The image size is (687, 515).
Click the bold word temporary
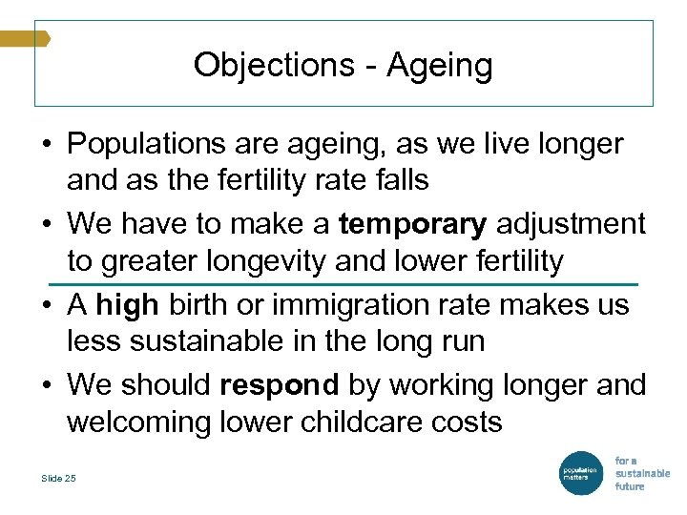(x=412, y=224)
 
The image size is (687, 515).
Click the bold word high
(x=128, y=304)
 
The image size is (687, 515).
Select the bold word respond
(x=280, y=384)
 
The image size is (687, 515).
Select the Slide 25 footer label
(x=59, y=479)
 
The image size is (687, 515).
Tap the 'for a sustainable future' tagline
(x=641, y=472)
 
